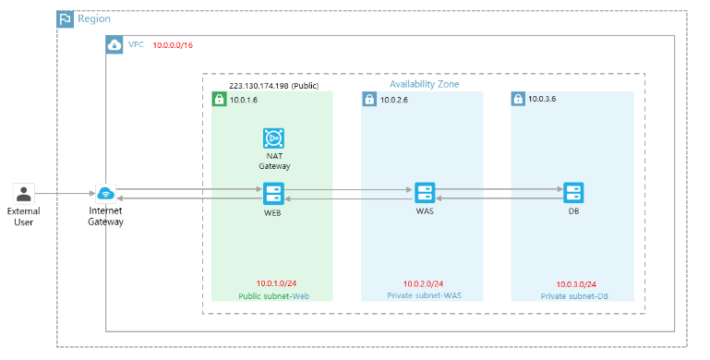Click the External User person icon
(x=23, y=194)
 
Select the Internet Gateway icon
(x=105, y=194)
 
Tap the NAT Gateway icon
(x=272, y=138)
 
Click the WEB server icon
(x=272, y=194)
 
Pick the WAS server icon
(x=424, y=194)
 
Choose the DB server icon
(x=573, y=194)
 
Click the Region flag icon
(x=66, y=19)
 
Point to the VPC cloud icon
(x=114, y=44)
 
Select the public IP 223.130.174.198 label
(x=273, y=85)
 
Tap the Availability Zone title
(x=424, y=84)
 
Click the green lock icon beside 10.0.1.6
(x=219, y=99)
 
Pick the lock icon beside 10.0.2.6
(x=369, y=99)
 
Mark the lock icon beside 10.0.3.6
(x=519, y=99)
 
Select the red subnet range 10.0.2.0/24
(x=423, y=283)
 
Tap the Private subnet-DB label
(x=574, y=296)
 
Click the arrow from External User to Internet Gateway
(x=65, y=194)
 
